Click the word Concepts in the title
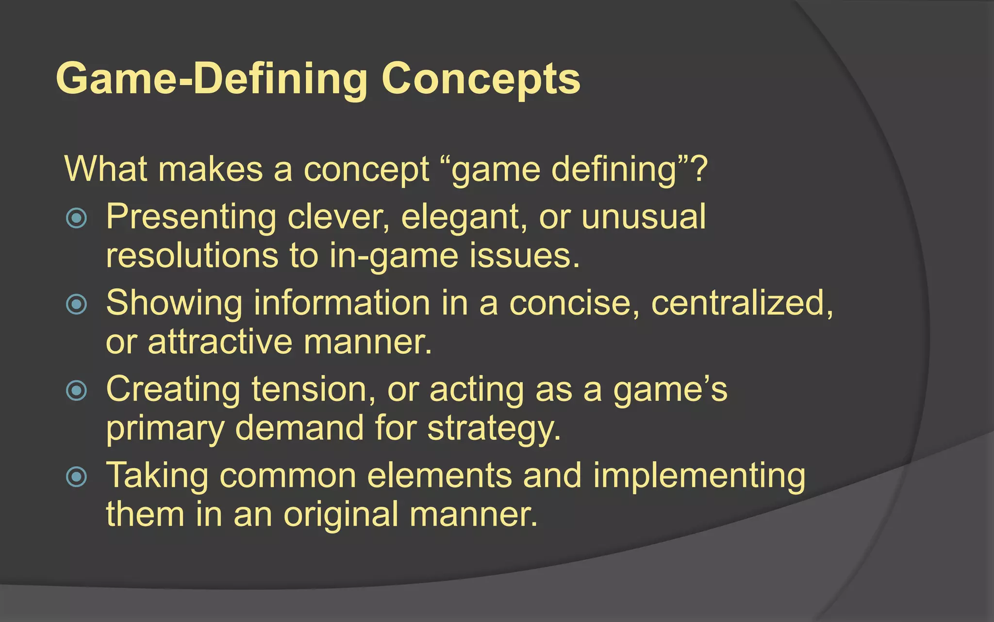click(x=480, y=79)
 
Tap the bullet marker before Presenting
click(x=76, y=218)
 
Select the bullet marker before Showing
click(x=76, y=305)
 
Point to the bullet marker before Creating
click(x=76, y=391)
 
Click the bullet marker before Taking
click(x=76, y=477)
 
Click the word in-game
click(x=393, y=256)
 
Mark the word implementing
click(x=699, y=476)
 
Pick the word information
click(x=342, y=303)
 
